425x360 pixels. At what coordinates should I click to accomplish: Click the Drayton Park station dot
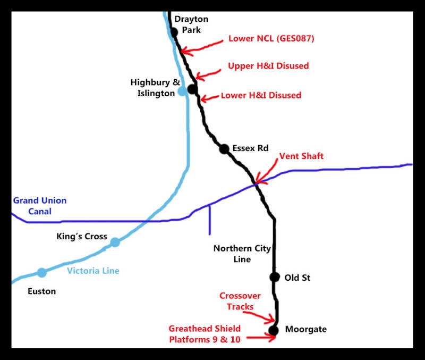click(x=174, y=32)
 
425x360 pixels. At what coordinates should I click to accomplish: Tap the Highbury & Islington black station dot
click(x=192, y=89)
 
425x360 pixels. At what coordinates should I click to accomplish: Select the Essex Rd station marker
click(x=224, y=149)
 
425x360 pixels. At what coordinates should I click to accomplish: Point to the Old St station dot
click(x=274, y=277)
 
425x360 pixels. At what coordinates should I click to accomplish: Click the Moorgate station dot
click(x=274, y=330)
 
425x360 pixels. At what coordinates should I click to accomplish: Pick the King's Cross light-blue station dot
click(x=115, y=242)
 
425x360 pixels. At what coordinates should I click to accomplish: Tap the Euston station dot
click(x=42, y=273)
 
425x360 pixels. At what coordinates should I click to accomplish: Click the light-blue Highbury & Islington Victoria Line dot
click(x=182, y=91)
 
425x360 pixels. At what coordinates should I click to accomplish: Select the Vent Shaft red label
click(x=301, y=156)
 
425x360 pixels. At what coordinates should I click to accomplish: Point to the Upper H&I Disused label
click(x=268, y=66)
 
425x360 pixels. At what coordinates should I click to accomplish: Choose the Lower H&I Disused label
click(x=261, y=96)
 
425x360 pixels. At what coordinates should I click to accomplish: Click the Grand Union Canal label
click(x=40, y=206)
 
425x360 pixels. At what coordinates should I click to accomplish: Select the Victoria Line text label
click(x=93, y=271)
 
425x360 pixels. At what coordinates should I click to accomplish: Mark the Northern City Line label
click(x=242, y=254)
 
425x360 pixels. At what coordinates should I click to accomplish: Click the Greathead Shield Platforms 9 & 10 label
click(x=205, y=334)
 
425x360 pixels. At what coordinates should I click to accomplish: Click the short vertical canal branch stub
click(x=209, y=220)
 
